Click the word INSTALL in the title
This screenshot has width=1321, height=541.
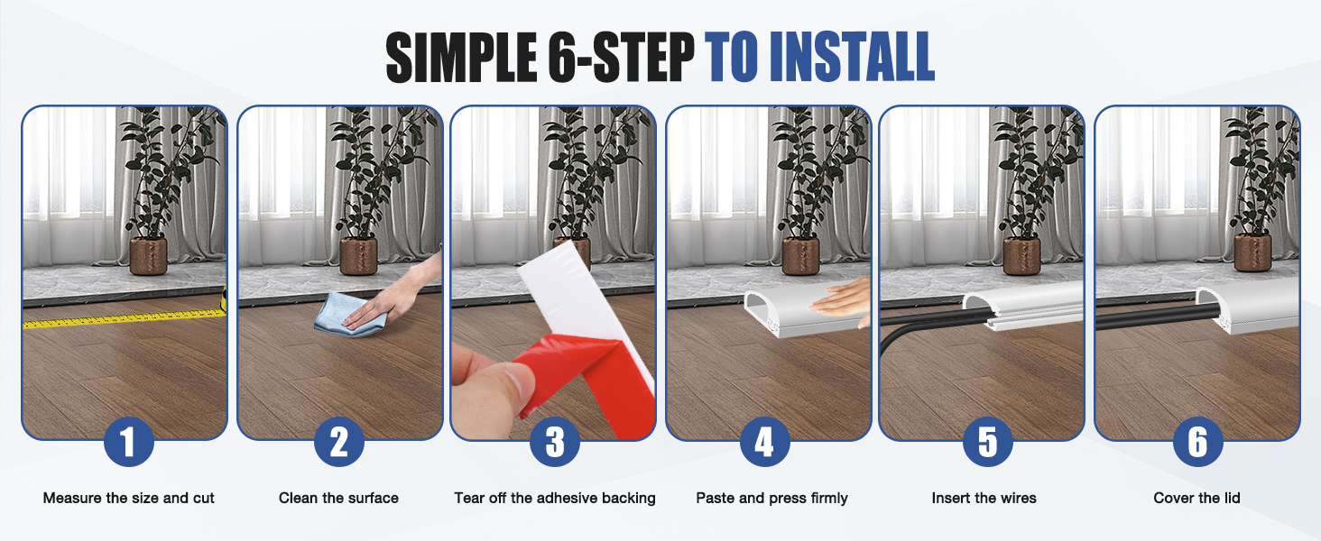coord(852,56)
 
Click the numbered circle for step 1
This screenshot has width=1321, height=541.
coord(128,442)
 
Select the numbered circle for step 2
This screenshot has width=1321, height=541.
coord(339,442)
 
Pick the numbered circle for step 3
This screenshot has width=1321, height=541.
coord(554,442)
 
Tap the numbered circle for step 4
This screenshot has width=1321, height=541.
coord(765,442)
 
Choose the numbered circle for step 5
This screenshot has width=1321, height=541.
coord(988,442)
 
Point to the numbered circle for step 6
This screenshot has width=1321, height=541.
coord(1197,442)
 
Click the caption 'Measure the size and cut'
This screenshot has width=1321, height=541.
coord(128,498)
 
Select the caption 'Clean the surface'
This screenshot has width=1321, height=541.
coord(338,498)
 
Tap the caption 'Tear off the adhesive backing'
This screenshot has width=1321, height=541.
coord(555,498)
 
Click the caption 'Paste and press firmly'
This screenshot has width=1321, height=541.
coord(772,499)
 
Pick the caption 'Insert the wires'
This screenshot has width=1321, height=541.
coord(984,498)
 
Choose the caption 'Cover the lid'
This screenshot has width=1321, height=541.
coord(1197,498)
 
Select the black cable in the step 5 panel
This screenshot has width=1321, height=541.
coord(932,325)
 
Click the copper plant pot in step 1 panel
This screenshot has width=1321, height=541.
coord(148,256)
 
